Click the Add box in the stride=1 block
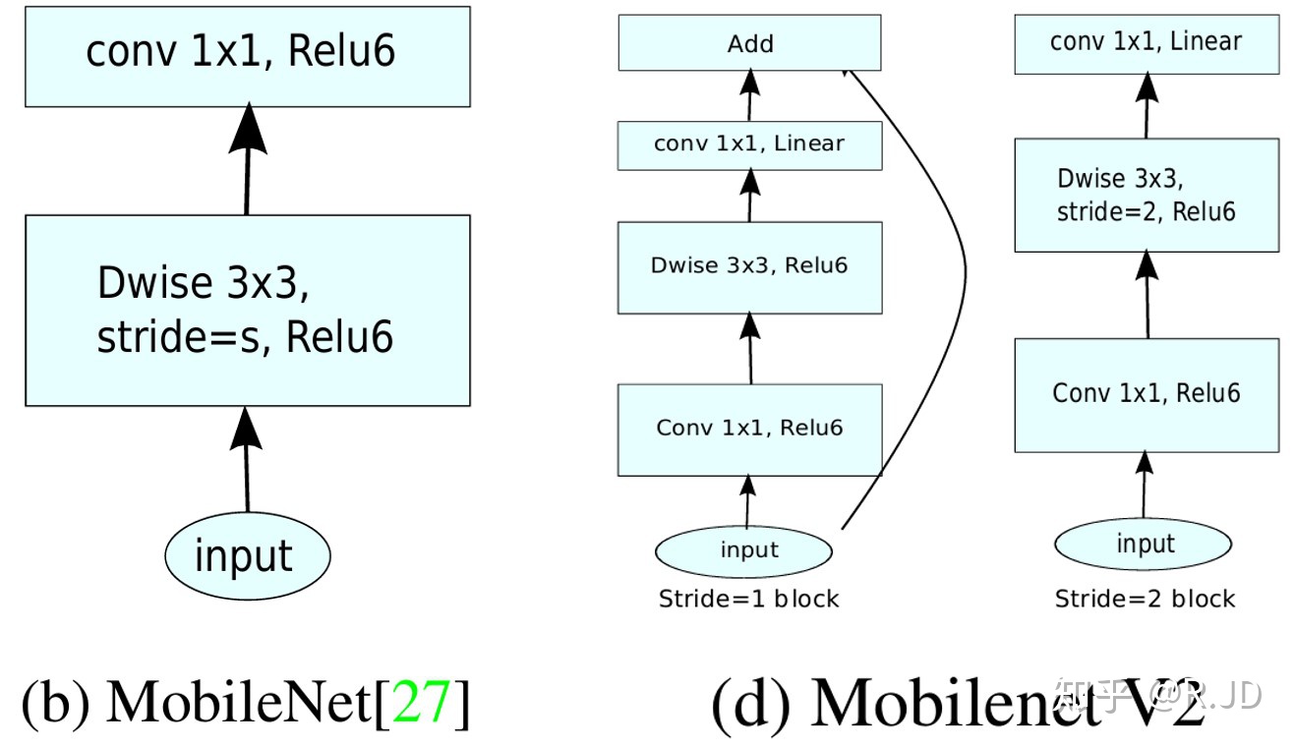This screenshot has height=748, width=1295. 749,43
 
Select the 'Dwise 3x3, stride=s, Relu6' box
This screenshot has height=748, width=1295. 247,310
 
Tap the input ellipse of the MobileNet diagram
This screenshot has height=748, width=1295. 246,555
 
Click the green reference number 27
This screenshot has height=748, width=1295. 422,702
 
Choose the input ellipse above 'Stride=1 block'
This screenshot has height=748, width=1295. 749,549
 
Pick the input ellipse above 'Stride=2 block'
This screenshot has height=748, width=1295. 1144,544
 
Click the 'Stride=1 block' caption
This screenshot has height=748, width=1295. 749,599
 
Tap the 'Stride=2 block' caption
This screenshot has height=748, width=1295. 1145,599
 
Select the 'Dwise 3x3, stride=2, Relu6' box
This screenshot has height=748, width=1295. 1147,195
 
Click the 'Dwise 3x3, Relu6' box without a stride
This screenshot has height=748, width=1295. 749,266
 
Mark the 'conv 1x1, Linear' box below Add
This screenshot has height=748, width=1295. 749,144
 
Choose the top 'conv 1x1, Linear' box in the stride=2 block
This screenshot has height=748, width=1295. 1147,42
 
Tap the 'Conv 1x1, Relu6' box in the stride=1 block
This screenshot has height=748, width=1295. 749,430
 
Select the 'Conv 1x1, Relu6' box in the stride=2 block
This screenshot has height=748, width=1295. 1147,394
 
